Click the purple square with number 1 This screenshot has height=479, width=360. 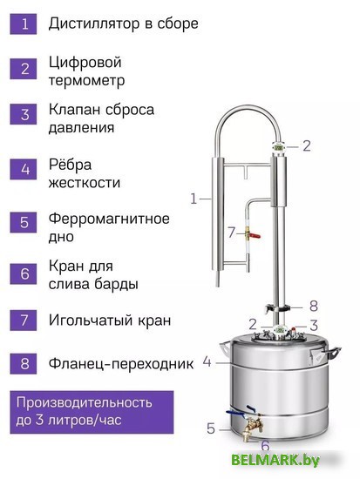click(24, 24)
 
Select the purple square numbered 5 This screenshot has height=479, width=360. click(24, 222)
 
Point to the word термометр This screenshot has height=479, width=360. click(86, 81)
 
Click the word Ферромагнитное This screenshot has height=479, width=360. click(109, 219)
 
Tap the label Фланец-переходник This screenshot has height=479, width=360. click(121, 363)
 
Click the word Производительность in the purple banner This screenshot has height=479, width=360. click(84, 402)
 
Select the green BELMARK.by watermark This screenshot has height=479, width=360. click(275, 460)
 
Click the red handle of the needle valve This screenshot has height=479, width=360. click(255, 235)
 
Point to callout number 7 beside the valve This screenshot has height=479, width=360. click(232, 233)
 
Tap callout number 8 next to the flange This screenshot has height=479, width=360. click(314, 306)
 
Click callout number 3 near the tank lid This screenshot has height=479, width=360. click(314, 326)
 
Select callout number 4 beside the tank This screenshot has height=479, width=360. click(207, 362)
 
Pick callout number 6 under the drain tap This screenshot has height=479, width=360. click(265, 445)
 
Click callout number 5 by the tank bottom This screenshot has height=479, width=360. click(211, 428)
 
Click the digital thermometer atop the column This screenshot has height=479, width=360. click(279, 147)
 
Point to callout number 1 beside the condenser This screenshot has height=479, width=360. click(194, 199)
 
